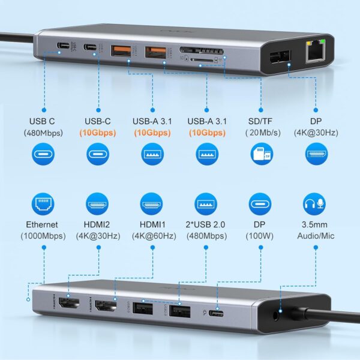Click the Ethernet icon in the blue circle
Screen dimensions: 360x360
[43, 204]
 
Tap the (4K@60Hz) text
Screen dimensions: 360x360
[152, 236]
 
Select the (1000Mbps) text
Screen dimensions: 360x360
[43, 236]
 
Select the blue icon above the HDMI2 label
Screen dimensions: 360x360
[97, 204]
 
